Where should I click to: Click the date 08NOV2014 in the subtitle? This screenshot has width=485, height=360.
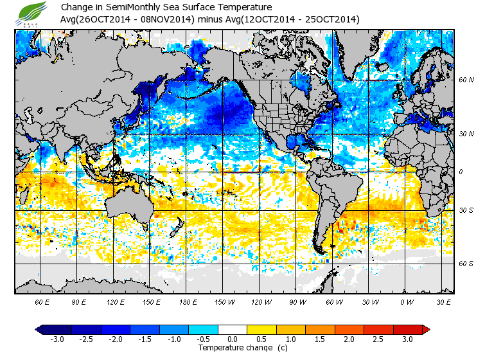pos(163,20)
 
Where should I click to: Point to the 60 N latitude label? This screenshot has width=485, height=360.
pos(466,80)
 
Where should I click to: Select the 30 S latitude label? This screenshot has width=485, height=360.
pos(466,210)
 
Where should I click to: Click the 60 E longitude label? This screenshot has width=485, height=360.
pos(42,301)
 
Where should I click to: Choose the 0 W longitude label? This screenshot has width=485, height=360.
pos(406,301)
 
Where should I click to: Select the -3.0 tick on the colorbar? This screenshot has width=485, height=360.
pos(57,339)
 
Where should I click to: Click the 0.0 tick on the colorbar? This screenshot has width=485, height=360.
pos(233,339)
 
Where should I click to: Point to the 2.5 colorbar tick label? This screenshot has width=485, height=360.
pos(378,339)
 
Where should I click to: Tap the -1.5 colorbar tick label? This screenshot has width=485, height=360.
pos(145,339)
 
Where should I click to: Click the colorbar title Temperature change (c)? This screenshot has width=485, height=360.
pos(243,348)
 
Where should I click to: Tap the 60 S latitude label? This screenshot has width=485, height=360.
pos(466,264)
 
